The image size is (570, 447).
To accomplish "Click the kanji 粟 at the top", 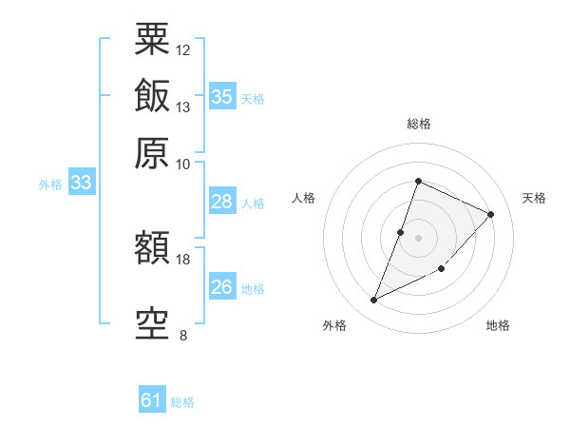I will (152, 41).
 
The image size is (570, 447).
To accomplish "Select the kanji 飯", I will (152, 97).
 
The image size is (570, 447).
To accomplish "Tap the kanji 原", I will (152, 152).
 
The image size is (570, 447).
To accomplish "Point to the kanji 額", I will (152, 250).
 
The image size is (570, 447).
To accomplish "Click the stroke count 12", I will (183, 49).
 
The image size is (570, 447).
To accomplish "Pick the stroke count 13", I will (183, 107).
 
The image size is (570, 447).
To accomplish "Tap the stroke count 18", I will (183, 259).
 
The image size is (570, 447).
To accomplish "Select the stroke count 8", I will (183, 335).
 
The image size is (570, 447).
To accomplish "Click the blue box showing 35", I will (221, 97).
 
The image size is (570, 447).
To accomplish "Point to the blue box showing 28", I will (221, 202).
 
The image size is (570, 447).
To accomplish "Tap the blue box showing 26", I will (221, 287).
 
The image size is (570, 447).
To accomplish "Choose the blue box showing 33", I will (81, 184).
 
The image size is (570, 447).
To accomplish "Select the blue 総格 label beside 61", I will (182, 402).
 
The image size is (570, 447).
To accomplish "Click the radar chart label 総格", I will (418, 124).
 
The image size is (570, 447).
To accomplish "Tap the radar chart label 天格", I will (535, 198).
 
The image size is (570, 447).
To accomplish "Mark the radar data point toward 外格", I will (374, 300).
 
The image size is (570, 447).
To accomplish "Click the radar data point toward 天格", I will (491, 214).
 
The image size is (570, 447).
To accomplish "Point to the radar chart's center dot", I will (418, 238).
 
